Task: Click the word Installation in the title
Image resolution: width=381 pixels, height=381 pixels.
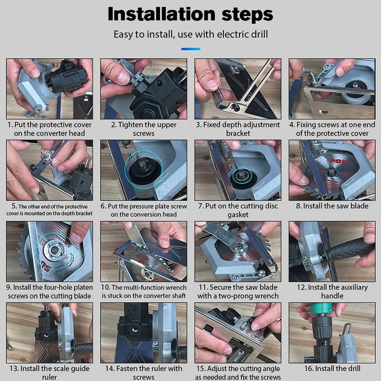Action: [162, 14]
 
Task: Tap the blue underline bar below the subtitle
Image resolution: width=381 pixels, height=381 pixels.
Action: [190, 49]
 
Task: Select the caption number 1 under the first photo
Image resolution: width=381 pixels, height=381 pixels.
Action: [10, 125]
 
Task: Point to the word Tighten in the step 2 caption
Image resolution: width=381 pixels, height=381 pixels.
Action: [130, 125]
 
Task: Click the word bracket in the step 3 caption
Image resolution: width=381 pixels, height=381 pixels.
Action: [238, 133]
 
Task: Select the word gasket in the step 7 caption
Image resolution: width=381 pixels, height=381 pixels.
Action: [238, 215]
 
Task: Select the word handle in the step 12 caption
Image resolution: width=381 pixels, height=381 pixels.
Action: [332, 296]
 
